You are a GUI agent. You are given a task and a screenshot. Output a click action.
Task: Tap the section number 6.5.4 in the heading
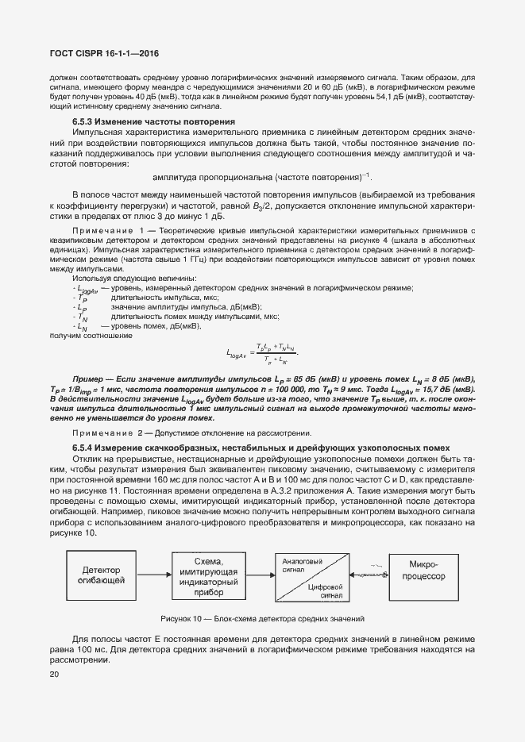coord(84,448)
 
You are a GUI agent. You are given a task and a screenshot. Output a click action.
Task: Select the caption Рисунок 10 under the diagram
coord(262,618)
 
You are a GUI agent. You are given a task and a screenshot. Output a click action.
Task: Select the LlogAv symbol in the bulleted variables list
coord(87,290)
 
